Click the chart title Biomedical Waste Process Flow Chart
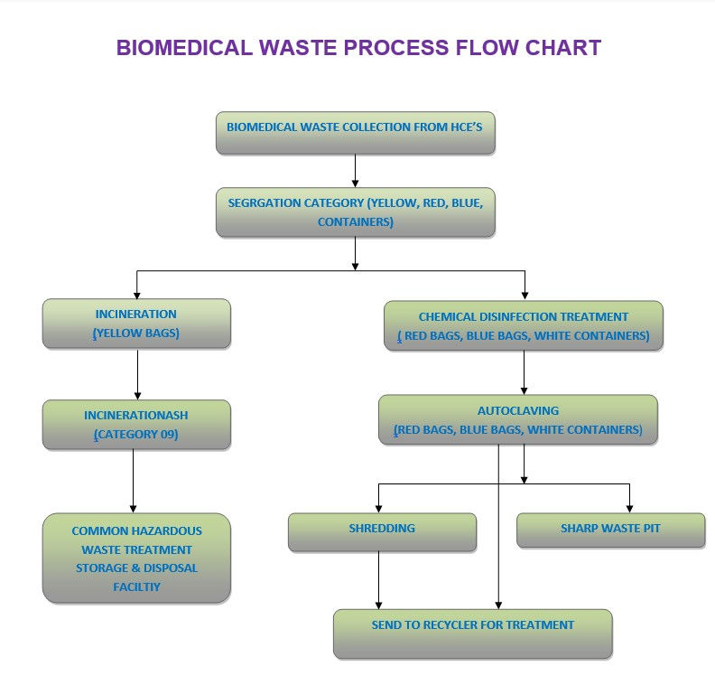358,48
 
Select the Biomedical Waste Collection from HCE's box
356,133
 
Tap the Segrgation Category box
356,212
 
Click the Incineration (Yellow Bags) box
136,324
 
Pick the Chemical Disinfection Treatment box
524,326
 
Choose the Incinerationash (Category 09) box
136,425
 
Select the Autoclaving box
518,419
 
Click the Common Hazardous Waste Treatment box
136,558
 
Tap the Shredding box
382,532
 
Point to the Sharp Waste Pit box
610,530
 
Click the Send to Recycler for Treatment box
472,633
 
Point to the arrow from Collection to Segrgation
356,171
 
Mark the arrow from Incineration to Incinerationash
137,374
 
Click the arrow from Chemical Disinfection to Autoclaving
525,372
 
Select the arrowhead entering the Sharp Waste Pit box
629,508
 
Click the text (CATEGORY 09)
136,435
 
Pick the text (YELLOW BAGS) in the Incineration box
136,333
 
